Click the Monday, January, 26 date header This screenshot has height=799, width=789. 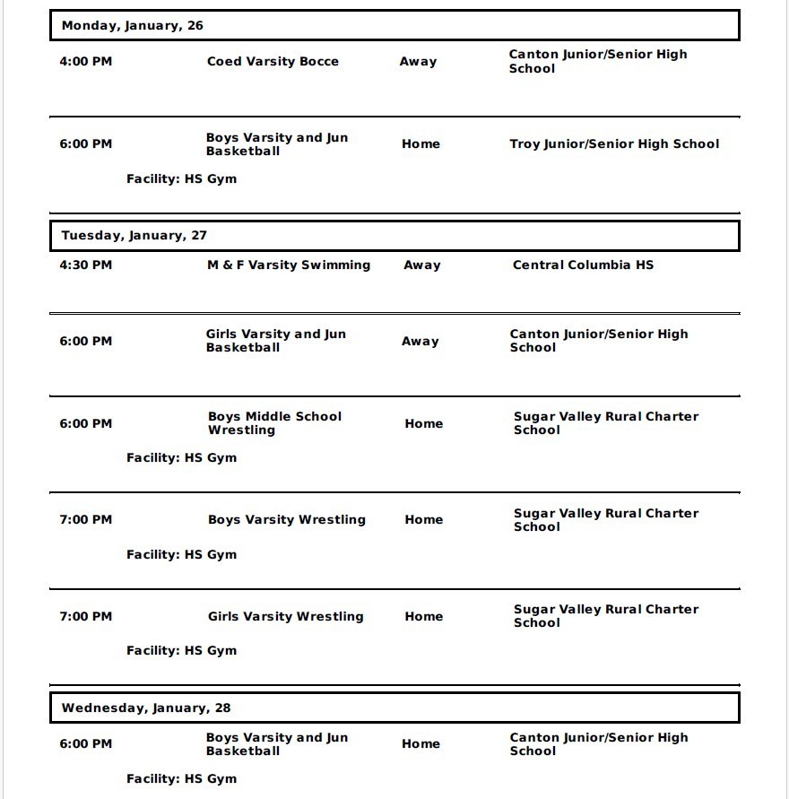pos(132,26)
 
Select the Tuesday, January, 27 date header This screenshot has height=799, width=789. pos(134,236)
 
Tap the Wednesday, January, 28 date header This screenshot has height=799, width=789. pos(145,708)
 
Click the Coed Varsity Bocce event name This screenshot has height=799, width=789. pos(273,62)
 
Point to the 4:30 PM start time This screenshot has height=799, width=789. pos(86,265)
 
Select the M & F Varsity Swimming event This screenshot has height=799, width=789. pos(289,265)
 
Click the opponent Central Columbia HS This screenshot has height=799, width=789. pos(583,265)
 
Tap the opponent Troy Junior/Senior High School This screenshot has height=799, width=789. pos(614,144)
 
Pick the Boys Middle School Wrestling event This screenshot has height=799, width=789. pos(274,423)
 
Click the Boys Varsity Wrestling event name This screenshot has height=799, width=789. pos(287,520)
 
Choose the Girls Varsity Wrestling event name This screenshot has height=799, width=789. pos(286,617)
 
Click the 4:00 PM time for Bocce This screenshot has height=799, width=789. pos(86,62)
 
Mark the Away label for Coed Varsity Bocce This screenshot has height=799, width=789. pos(418,62)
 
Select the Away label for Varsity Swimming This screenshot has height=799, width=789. pos(421,265)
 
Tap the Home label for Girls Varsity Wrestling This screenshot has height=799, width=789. pos(423,617)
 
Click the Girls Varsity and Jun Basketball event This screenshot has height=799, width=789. pos(275,341)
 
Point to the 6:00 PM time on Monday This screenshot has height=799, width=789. pos(86,144)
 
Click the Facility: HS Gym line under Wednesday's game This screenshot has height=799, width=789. pos(181,779)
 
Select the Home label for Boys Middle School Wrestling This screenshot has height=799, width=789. pos(423,424)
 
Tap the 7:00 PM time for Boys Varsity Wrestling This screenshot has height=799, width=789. pos(86,520)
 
